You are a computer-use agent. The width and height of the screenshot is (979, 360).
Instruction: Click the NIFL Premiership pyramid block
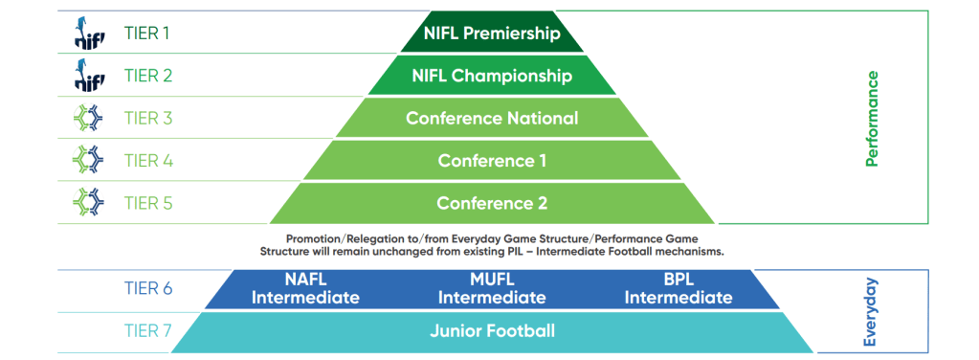click(x=492, y=32)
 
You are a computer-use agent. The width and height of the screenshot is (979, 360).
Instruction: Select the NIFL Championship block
click(x=492, y=76)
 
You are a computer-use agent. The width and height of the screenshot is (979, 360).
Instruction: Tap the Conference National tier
click(x=492, y=118)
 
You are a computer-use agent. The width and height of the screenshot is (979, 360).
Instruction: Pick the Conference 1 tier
click(x=492, y=161)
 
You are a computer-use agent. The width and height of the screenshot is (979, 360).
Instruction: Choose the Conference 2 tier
click(x=492, y=203)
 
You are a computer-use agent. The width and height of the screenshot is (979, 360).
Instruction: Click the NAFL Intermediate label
click(x=305, y=288)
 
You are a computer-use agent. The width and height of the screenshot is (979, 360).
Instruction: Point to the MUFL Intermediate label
click(x=492, y=288)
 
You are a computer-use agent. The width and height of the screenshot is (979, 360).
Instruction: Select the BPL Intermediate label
click(x=679, y=288)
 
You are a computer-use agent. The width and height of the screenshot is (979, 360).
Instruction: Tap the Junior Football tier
click(x=492, y=330)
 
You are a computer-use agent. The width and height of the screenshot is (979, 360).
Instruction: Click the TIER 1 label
click(x=146, y=34)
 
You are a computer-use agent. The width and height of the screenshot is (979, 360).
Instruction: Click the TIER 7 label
click(x=147, y=330)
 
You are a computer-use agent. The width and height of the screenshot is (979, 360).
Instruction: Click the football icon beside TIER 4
click(x=88, y=161)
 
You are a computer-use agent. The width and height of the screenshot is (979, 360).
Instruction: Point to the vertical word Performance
click(x=872, y=118)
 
